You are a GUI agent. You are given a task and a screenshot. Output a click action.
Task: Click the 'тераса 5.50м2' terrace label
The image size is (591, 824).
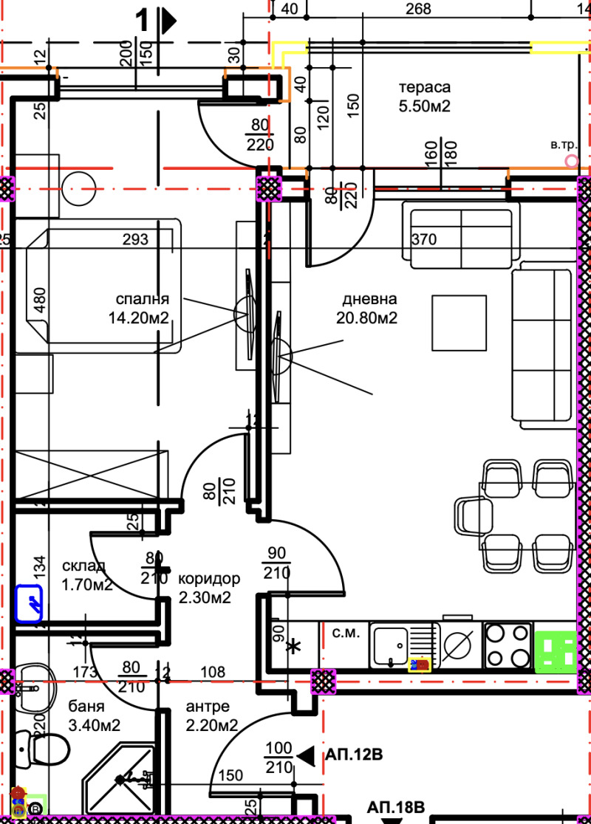tap(425, 96)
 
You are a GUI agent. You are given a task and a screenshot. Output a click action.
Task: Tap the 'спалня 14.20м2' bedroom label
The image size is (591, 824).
tap(143, 309)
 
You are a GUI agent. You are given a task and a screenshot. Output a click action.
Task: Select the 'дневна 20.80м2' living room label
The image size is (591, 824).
tap(369, 309)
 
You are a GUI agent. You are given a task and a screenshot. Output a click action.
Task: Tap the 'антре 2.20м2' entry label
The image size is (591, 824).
tap(212, 716)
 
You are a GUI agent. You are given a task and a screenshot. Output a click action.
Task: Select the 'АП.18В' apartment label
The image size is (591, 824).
tap(397, 806)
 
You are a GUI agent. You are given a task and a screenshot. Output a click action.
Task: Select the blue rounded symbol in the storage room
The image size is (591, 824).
tap(29, 604)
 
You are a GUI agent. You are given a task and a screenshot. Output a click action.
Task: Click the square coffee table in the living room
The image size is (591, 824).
tap(460, 323)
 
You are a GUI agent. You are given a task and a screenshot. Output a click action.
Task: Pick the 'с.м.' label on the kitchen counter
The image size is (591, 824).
tap(345, 632)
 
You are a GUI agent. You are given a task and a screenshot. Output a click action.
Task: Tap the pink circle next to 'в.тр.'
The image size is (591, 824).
tap(570, 159)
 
